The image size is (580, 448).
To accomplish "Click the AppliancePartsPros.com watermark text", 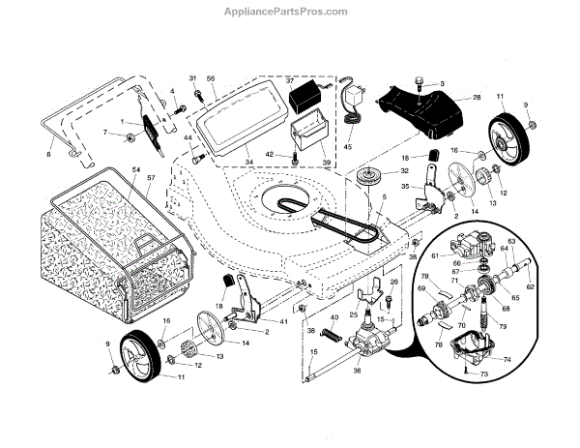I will point(290,11).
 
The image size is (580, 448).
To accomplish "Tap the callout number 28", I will point(476,98).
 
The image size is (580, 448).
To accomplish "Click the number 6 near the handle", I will point(49,152).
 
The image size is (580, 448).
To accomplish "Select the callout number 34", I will point(248,163).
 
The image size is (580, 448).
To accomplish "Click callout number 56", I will point(210,77).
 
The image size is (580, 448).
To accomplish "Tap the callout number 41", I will point(283,320).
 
